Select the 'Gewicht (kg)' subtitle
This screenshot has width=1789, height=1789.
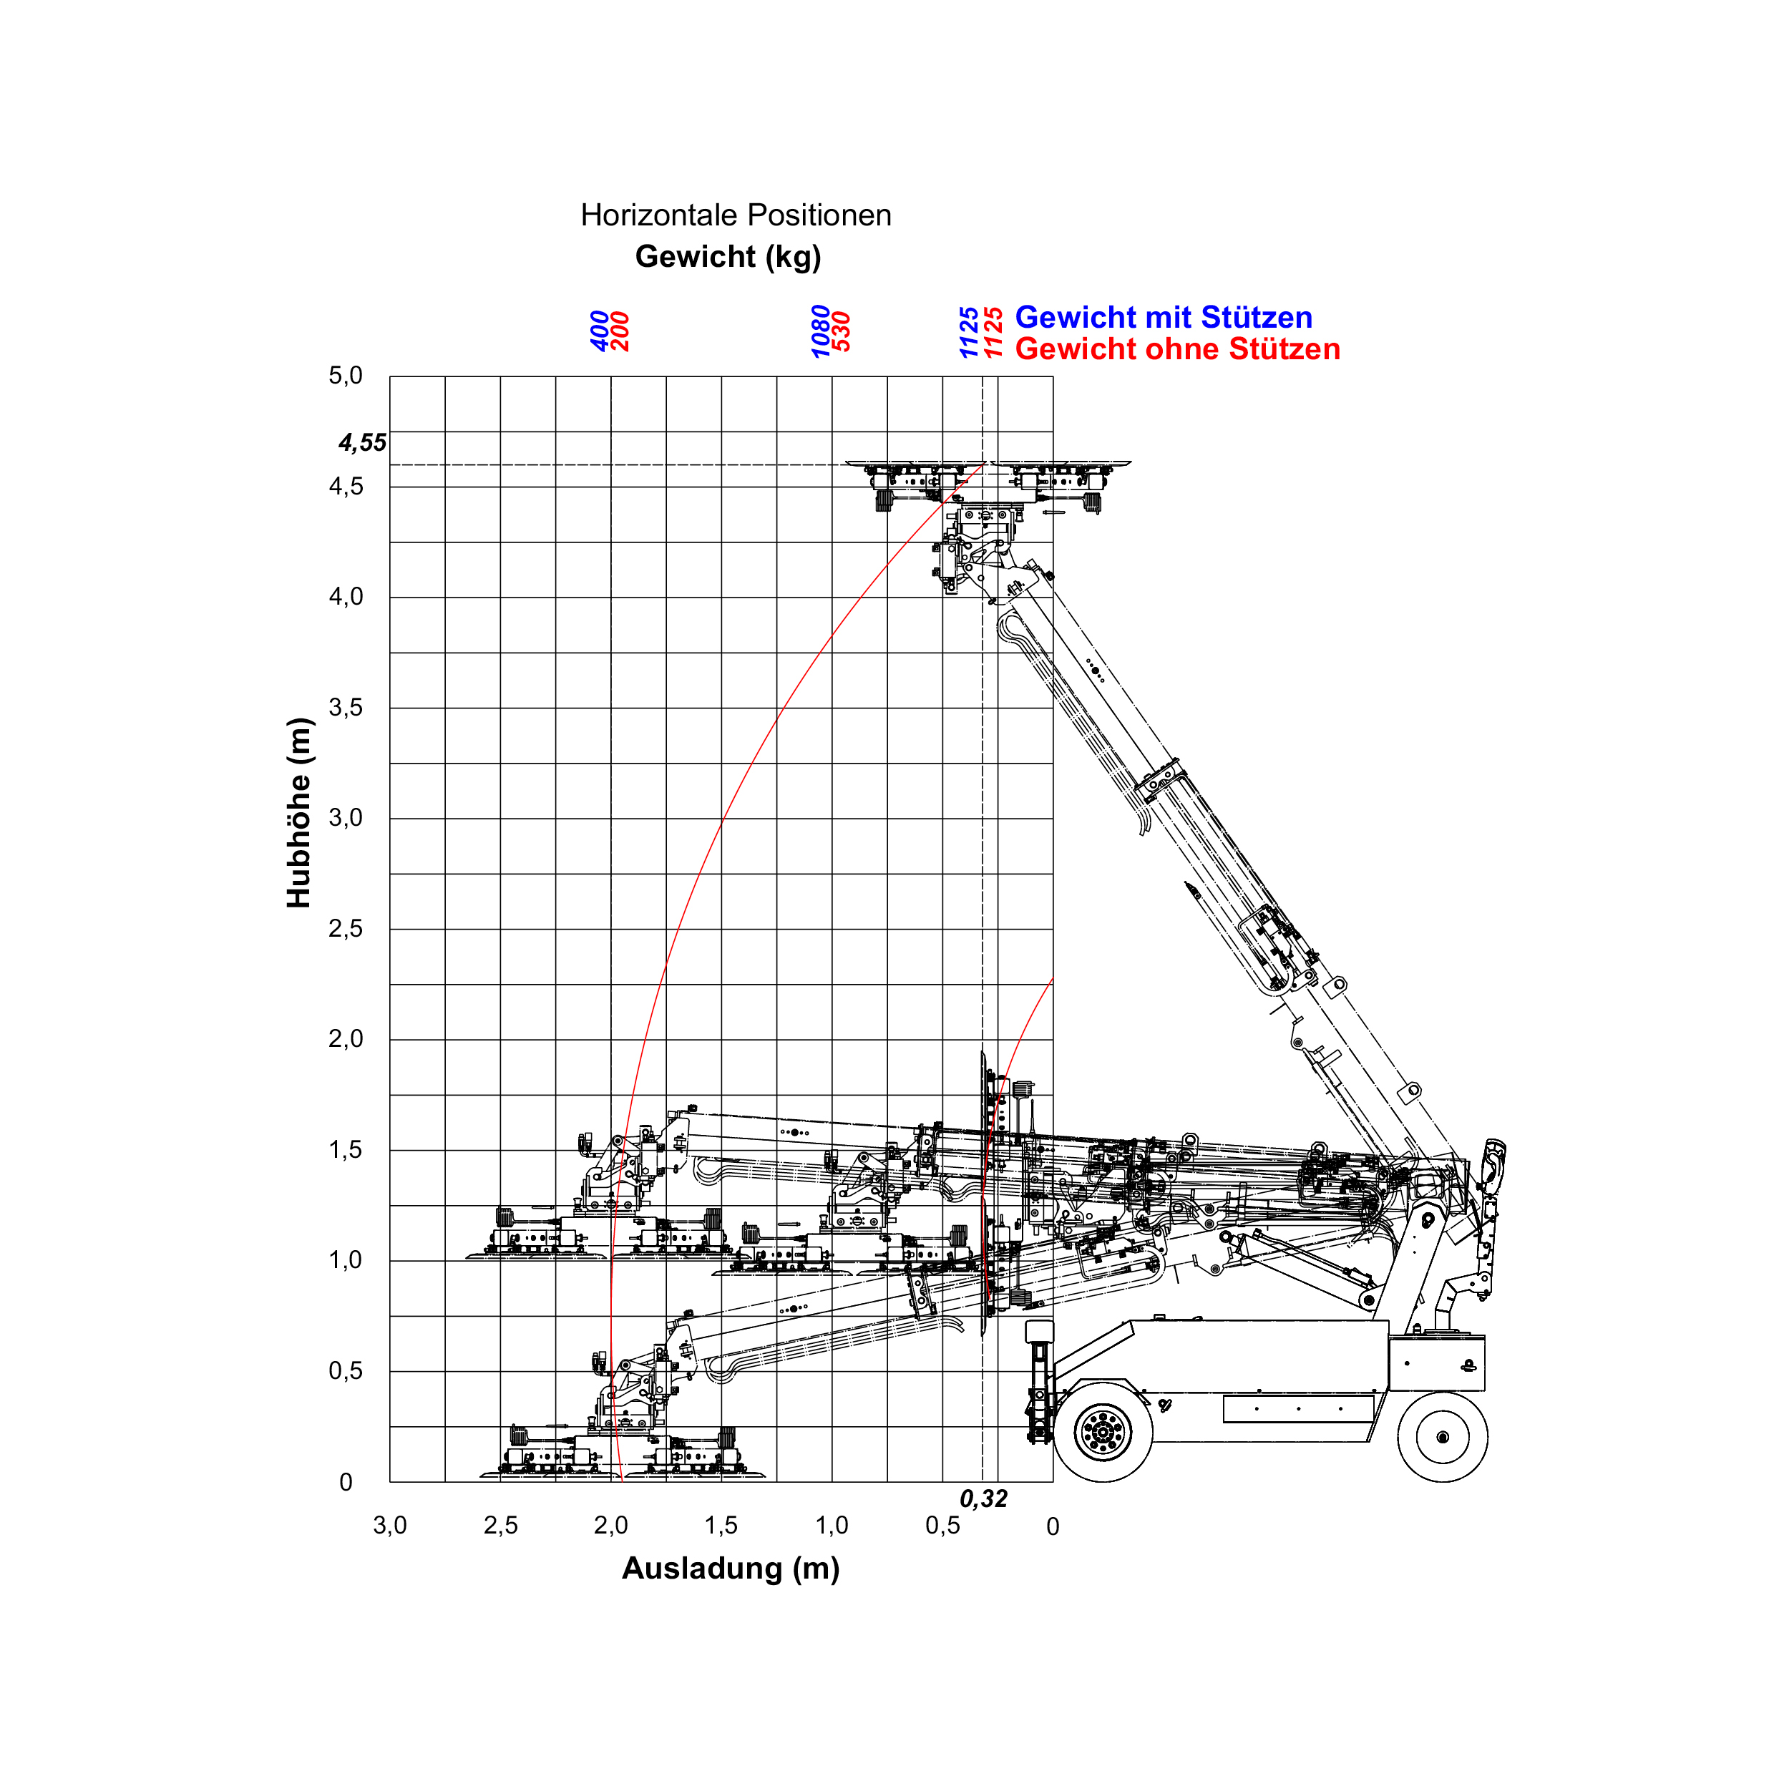click(x=728, y=256)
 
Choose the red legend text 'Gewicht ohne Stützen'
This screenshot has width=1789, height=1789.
click(x=1177, y=349)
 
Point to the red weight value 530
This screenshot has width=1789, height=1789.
click(x=842, y=331)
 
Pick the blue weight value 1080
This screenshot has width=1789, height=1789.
click(x=820, y=331)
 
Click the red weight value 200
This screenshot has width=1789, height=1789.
click(x=621, y=331)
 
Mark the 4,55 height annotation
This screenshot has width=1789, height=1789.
click(x=362, y=443)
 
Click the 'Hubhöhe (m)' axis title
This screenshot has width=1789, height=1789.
click(x=299, y=812)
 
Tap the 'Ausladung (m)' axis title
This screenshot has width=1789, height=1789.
click(x=731, y=1569)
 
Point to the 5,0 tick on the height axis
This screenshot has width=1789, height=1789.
click(x=346, y=376)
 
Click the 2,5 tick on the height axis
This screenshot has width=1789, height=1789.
click(x=346, y=929)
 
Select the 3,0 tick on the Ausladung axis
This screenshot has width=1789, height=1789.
click(x=390, y=1525)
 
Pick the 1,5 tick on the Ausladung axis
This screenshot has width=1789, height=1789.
click(x=721, y=1525)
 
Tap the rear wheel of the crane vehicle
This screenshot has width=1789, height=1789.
click(x=1442, y=1437)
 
